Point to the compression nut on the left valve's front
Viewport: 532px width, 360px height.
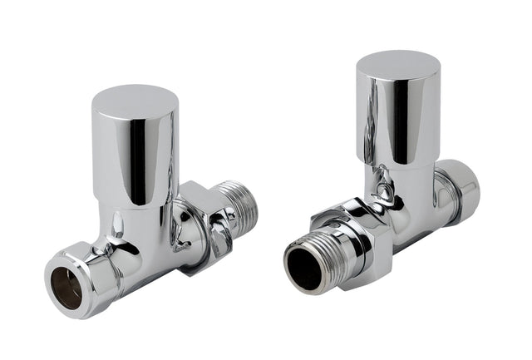tap(83, 274)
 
